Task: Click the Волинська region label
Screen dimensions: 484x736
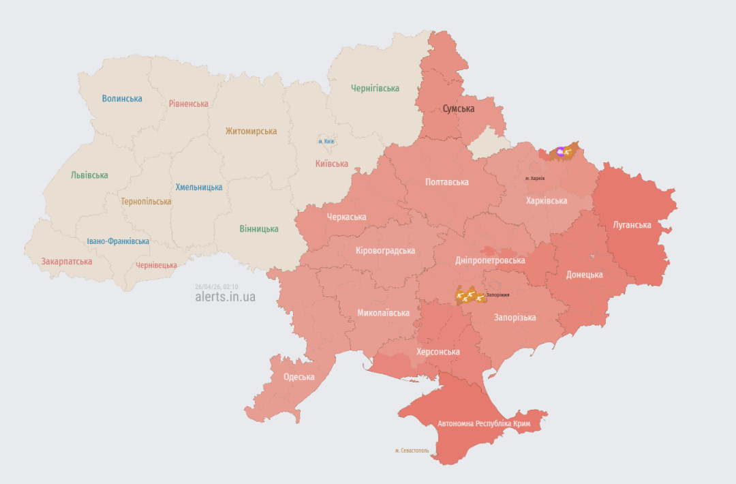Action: pyautogui.click(x=122, y=98)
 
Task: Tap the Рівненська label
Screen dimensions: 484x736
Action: pyautogui.click(x=189, y=104)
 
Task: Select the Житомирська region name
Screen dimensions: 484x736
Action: pyautogui.click(x=251, y=131)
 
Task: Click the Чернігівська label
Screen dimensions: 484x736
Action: pyautogui.click(x=375, y=88)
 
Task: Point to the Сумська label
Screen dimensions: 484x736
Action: pyautogui.click(x=459, y=108)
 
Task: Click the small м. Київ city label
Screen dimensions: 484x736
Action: pyautogui.click(x=326, y=141)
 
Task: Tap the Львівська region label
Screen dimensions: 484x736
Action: pyautogui.click(x=89, y=175)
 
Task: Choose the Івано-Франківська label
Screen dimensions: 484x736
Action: pyautogui.click(x=118, y=241)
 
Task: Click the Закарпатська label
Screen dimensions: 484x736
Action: pyautogui.click(x=67, y=261)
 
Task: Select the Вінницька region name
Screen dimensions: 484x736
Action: pyautogui.click(x=259, y=228)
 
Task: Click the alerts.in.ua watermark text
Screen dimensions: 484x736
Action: pyautogui.click(x=225, y=297)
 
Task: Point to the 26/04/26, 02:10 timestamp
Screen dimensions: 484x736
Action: pyautogui.click(x=217, y=287)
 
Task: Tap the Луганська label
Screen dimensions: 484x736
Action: pyautogui.click(x=632, y=224)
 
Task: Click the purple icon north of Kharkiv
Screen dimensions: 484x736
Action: pyautogui.click(x=560, y=151)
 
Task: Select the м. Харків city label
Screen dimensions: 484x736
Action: pyautogui.click(x=535, y=178)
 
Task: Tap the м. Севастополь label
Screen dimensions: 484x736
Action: pyautogui.click(x=412, y=451)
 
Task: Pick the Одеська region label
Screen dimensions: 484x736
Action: pyautogui.click(x=299, y=377)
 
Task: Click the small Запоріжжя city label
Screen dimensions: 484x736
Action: pyautogui.click(x=497, y=294)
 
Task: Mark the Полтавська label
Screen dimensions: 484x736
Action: pyautogui.click(x=447, y=182)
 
